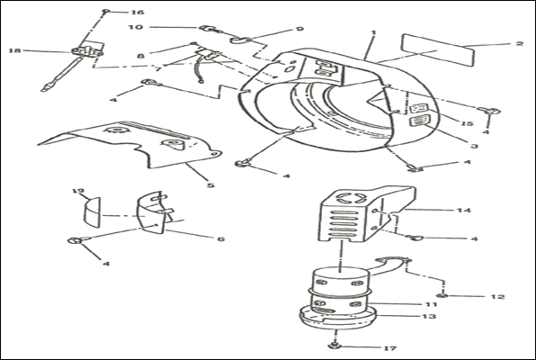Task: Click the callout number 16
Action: (x=138, y=13)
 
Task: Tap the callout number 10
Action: (x=136, y=27)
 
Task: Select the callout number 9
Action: (x=299, y=29)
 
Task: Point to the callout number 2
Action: (x=519, y=43)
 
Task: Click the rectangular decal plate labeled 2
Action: (x=439, y=50)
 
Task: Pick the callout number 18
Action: (x=15, y=50)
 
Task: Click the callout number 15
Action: (x=468, y=123)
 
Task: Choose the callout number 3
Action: (x=474, y=146)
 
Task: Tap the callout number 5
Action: (x=210, y=185)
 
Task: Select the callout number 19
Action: (x=78, y=191)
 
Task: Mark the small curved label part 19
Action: (x=93, y=211)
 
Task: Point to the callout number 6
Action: (x=221, y=238)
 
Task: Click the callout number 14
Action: (x=464, y=210)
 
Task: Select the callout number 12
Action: (x=497, y=297)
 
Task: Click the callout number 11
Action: (x=431, y=304)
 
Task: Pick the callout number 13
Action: (x=430, y=316)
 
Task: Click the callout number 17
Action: (x=390, y=348)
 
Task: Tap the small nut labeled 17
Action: (x=335, y=346)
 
